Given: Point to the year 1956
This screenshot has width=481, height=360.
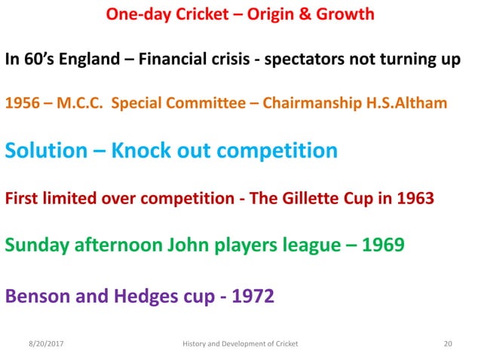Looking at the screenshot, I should pyautogui.click(x=21, y=103).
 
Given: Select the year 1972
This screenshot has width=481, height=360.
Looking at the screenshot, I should pyautogui.click(x=250, y=294).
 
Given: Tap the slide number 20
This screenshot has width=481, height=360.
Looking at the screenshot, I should pyautogui.click(x=448, y=343).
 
